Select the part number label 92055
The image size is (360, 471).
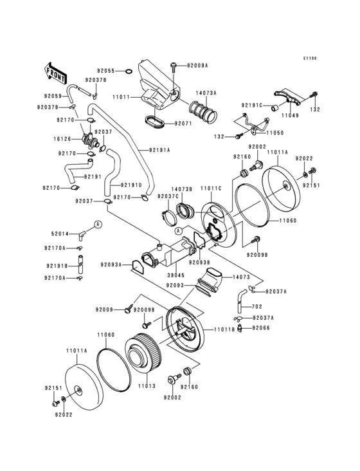106,71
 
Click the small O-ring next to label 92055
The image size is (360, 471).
128,71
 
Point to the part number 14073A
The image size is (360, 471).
206,93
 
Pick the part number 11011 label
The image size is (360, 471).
122,97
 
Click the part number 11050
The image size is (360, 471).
274,132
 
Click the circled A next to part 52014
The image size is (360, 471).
98,224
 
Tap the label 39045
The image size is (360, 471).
168,273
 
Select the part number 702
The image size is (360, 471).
256,308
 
